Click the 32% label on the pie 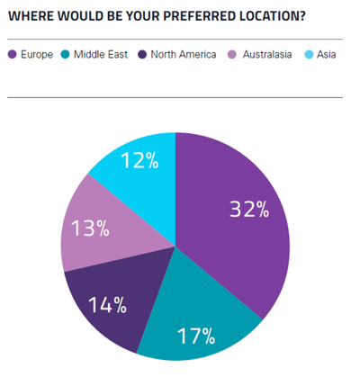coord(248,210)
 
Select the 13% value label coord(90,228)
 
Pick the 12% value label coord(139,161)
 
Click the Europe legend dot coord(13,55)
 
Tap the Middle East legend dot coord(67,55)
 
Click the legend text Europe coord(38,55)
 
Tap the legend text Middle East coord(101,55)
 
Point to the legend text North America coord(184,55)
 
